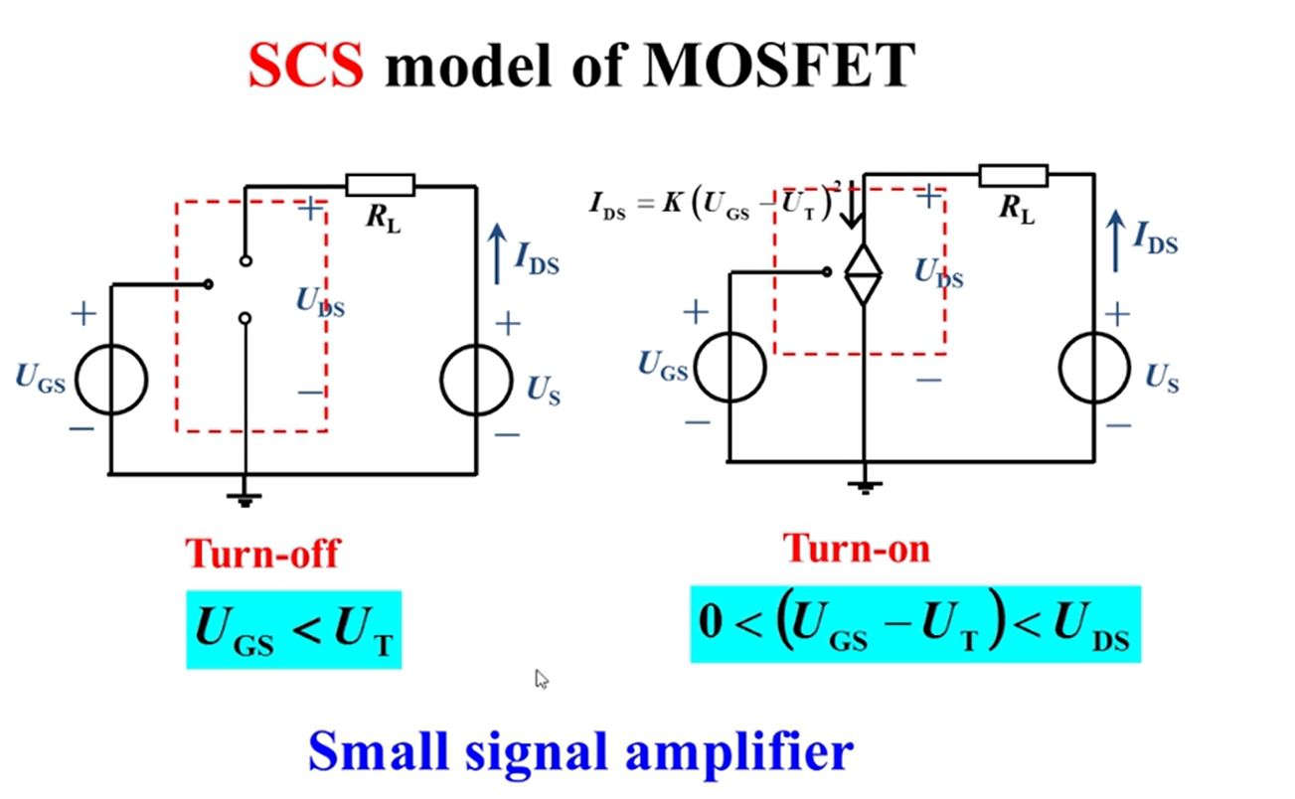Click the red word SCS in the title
point(305,66)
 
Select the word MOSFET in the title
point(778,66)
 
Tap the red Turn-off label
point(262,553)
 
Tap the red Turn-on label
point(857,548)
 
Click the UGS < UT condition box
point(294,629)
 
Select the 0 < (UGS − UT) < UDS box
point(915,624)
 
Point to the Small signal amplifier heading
point(580,751)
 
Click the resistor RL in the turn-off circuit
point(380,186)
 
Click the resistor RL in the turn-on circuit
point(1013,176)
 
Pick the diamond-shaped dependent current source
point(863,273)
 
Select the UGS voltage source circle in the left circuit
point(111,379)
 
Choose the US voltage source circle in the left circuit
point(476,380)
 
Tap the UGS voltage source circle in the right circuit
point(729,367)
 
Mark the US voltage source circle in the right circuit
point(1094,368)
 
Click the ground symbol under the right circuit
point(865,487)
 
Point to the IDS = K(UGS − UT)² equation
point(712,206)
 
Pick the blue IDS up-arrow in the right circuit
point(1116,240)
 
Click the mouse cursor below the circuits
point(542,679)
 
